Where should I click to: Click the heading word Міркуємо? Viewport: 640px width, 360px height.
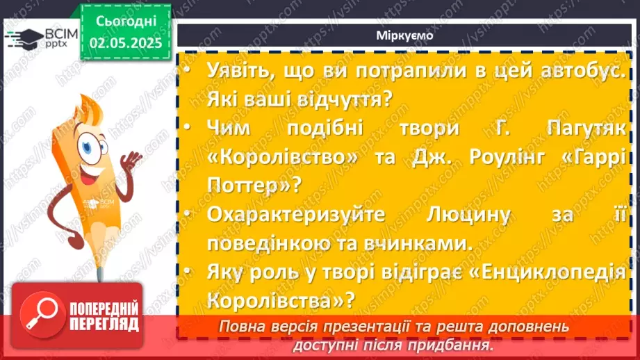pyautogui.click(x=405, y=37)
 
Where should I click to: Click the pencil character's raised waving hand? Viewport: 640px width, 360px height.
pyautogui.click(x=131, y=161)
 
